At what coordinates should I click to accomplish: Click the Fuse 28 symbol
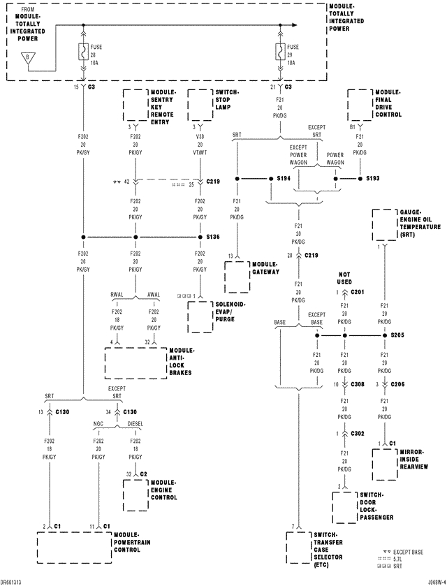point(83,54)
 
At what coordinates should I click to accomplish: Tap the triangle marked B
point(27,58)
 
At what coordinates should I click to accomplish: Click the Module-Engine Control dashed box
point(142,495)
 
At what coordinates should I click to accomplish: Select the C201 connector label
point(358,291)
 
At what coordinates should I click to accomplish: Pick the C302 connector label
point(357,433)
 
